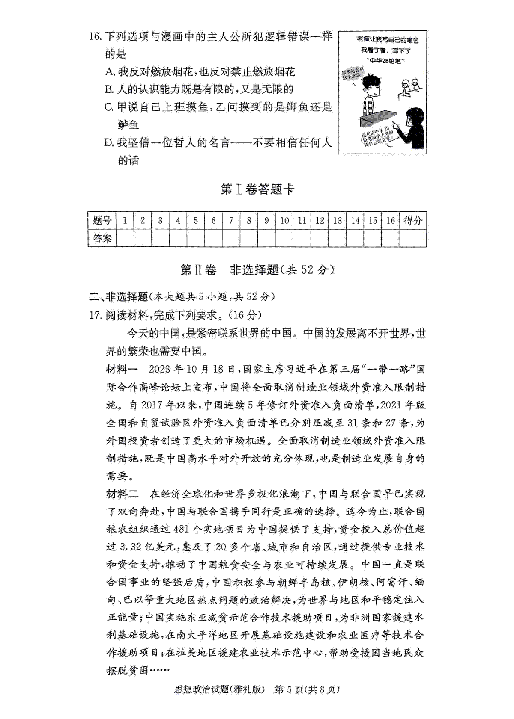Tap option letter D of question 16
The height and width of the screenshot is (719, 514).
(109, 143)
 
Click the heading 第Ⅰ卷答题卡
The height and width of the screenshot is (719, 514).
(257, 189)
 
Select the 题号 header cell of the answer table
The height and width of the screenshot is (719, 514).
(102, 221)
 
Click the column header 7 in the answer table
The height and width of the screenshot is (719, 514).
(231, 221)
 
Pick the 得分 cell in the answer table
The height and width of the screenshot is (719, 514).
(412, 221)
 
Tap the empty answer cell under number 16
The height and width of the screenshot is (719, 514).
(390, 238)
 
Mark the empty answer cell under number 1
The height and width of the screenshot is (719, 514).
(125, 238)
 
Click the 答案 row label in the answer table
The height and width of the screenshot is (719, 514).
(102, 238)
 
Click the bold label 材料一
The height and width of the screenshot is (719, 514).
(122, 369)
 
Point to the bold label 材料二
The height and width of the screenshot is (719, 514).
(122, 494)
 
